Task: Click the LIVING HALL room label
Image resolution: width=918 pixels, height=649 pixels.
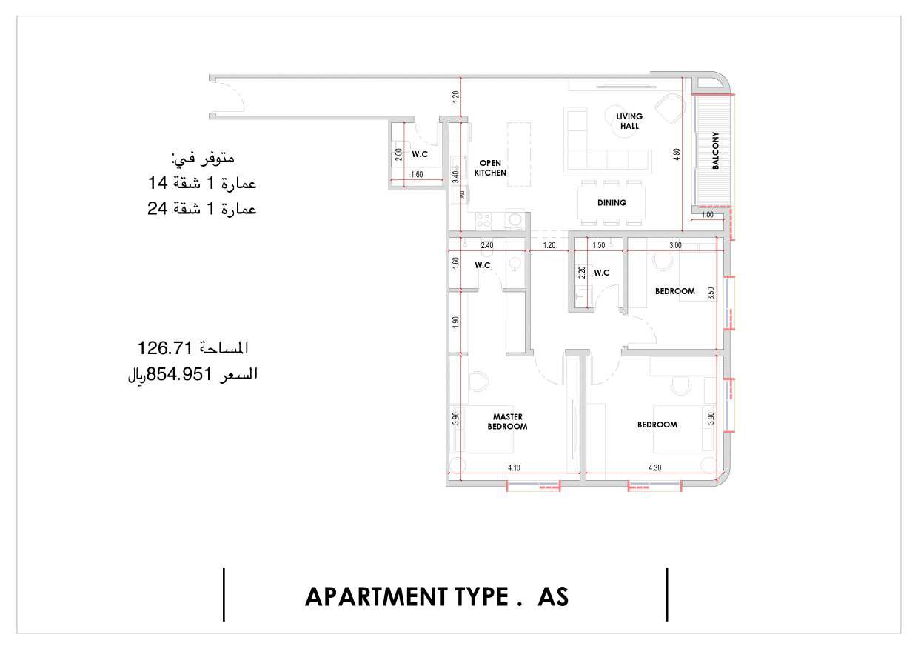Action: (x=629, y=121)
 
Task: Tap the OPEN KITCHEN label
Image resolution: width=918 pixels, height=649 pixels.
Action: (x=490, y=167)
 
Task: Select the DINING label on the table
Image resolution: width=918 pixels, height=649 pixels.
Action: (x=612, y=203)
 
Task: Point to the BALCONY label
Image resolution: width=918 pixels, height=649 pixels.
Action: (x=716, y=150)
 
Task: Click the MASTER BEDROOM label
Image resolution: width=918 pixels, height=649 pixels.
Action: (x=507, y=422)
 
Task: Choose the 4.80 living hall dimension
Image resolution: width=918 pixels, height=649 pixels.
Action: (x=677, y=154)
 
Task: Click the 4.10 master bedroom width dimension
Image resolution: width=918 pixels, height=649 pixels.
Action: (x=514, y=467)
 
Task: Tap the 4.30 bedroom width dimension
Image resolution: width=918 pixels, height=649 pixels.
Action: (x=655, y=467)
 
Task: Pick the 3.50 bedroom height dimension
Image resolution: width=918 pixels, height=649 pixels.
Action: (x=711, y=293)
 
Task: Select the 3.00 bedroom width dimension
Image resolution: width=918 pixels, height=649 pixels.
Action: (x=675, y=245)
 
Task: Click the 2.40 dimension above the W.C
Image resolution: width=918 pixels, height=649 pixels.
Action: (x=487, y=245)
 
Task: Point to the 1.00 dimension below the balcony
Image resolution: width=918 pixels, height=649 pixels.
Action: (x=707, y=215)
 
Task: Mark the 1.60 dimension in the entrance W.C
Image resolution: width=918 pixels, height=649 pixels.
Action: (x=417, y=174)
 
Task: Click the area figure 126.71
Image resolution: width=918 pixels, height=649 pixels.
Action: (x=165, y=348)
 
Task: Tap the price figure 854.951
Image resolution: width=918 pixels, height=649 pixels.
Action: (x=179, y=374)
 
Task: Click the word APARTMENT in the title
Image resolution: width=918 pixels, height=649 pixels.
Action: (x=376, y=597)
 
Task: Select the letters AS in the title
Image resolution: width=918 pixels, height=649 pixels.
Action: (x=553, y=597)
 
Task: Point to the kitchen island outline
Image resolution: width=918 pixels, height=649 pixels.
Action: (x=519, y=154)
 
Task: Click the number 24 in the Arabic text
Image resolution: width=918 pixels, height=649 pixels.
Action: (x=158, y=208)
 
